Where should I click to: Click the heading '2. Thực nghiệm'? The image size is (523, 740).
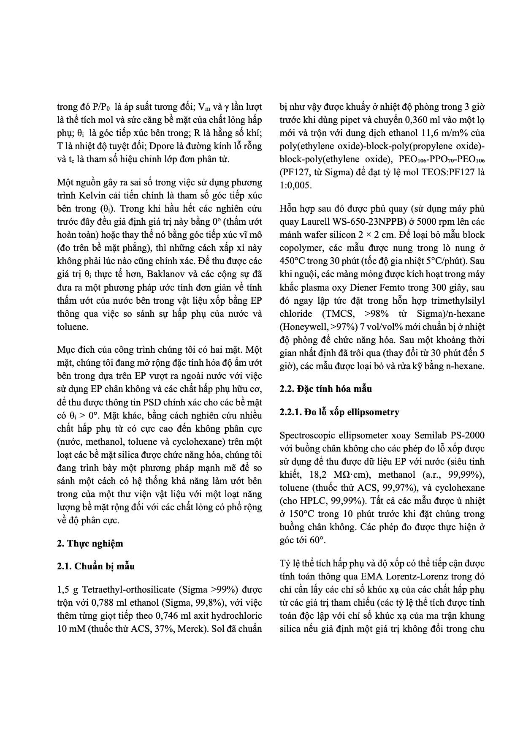point(90,544)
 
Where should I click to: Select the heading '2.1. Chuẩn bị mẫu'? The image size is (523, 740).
point(96,566)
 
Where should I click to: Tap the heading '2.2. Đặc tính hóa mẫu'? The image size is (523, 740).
point(325,389)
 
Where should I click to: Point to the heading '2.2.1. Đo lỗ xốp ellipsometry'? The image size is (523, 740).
point(339,412)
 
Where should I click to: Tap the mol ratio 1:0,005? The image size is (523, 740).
point(295,185)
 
